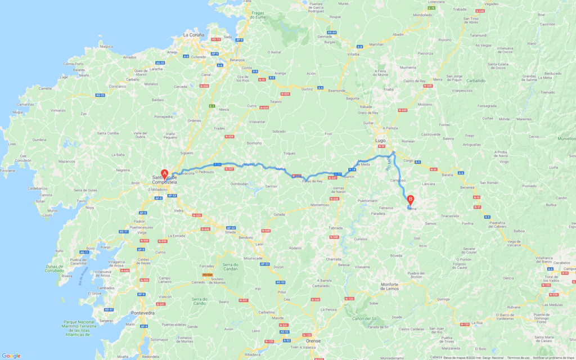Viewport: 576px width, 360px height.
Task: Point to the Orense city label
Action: click(x=313, y=341)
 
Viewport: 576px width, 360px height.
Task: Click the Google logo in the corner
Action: click(x=11, y=355)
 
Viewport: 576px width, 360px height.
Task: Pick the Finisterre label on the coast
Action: click(x=7, y=170)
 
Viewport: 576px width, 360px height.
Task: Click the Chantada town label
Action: click(x=333, y=259)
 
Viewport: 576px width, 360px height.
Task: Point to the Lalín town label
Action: click(x=259, y=244)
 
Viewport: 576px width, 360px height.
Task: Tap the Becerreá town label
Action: click(x=467, y=187)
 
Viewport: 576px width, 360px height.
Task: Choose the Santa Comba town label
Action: click(x=108, y=133)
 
